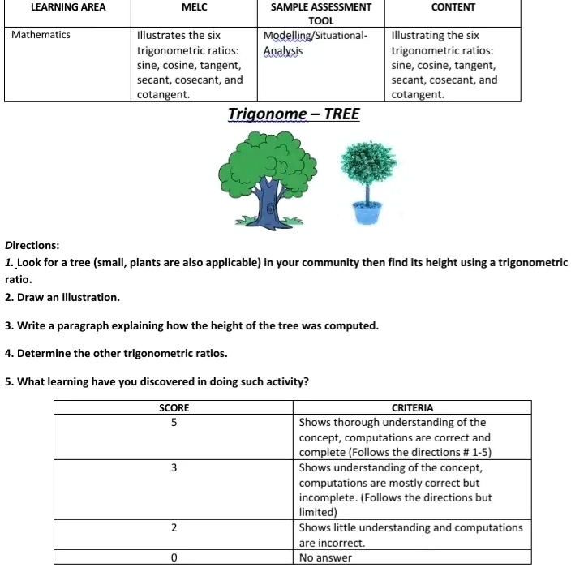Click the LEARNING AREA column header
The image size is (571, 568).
click(68, 7)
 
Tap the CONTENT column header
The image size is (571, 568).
click(453, 7)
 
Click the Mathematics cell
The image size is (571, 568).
click(41, 35)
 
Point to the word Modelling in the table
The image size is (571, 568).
click(290, 36)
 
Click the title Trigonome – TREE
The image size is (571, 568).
click(294, 114)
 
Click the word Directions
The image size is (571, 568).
click(32, 244)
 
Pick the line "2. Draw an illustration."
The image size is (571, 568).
click(62, 297)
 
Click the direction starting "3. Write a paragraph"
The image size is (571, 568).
click(191, 325)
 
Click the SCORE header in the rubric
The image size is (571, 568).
click(174, 407)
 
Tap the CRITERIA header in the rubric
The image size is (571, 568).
click(412, 407)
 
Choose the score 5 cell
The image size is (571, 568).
click(174, 422)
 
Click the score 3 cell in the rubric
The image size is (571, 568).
click(174, 468)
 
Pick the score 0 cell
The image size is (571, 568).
click(174, 557)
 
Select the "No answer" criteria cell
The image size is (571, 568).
click(324, 557)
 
